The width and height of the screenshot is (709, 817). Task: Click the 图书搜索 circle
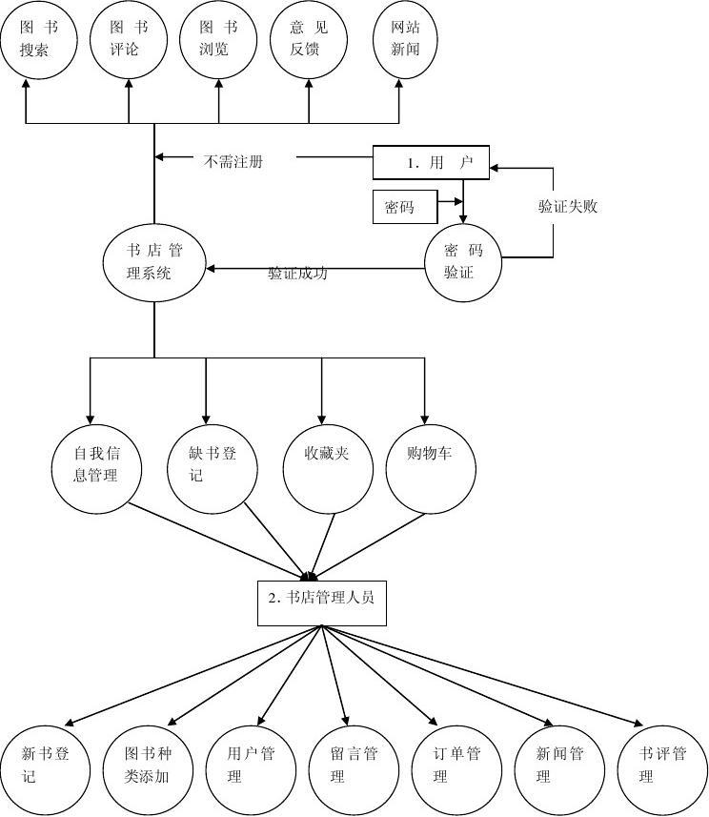pyautogui.click(x=37, y=39)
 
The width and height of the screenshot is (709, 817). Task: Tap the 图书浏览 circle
pyautogui.click(x=218, y=39)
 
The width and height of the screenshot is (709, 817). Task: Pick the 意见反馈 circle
pyautogui.click(x=308, y=39)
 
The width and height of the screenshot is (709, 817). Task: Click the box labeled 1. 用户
pyautogui.click(x=430, y=163)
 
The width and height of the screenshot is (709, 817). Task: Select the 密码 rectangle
pyautogui.click(x=404, y=207)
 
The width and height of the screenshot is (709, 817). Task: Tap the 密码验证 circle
pyautogui.click(x=463, y=261)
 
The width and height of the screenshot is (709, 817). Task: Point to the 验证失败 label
pyautogui.click(x=568, y=206)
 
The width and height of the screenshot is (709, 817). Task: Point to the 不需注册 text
pyautogui.click(x=233, y=162)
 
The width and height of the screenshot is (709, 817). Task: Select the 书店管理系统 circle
pyautogui.click(x=153, y=261)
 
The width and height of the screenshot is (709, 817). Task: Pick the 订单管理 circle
pyautogui.click(x=456, y=766)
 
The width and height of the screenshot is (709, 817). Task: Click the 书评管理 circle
pyautogui.click(x=665, y=766)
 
